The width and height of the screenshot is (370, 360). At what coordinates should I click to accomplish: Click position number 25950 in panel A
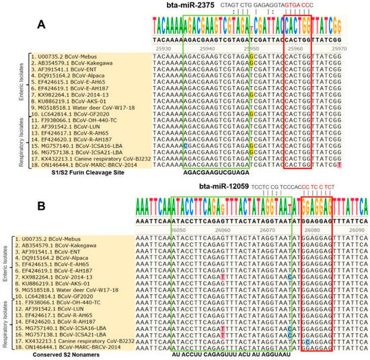pos(248,49)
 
